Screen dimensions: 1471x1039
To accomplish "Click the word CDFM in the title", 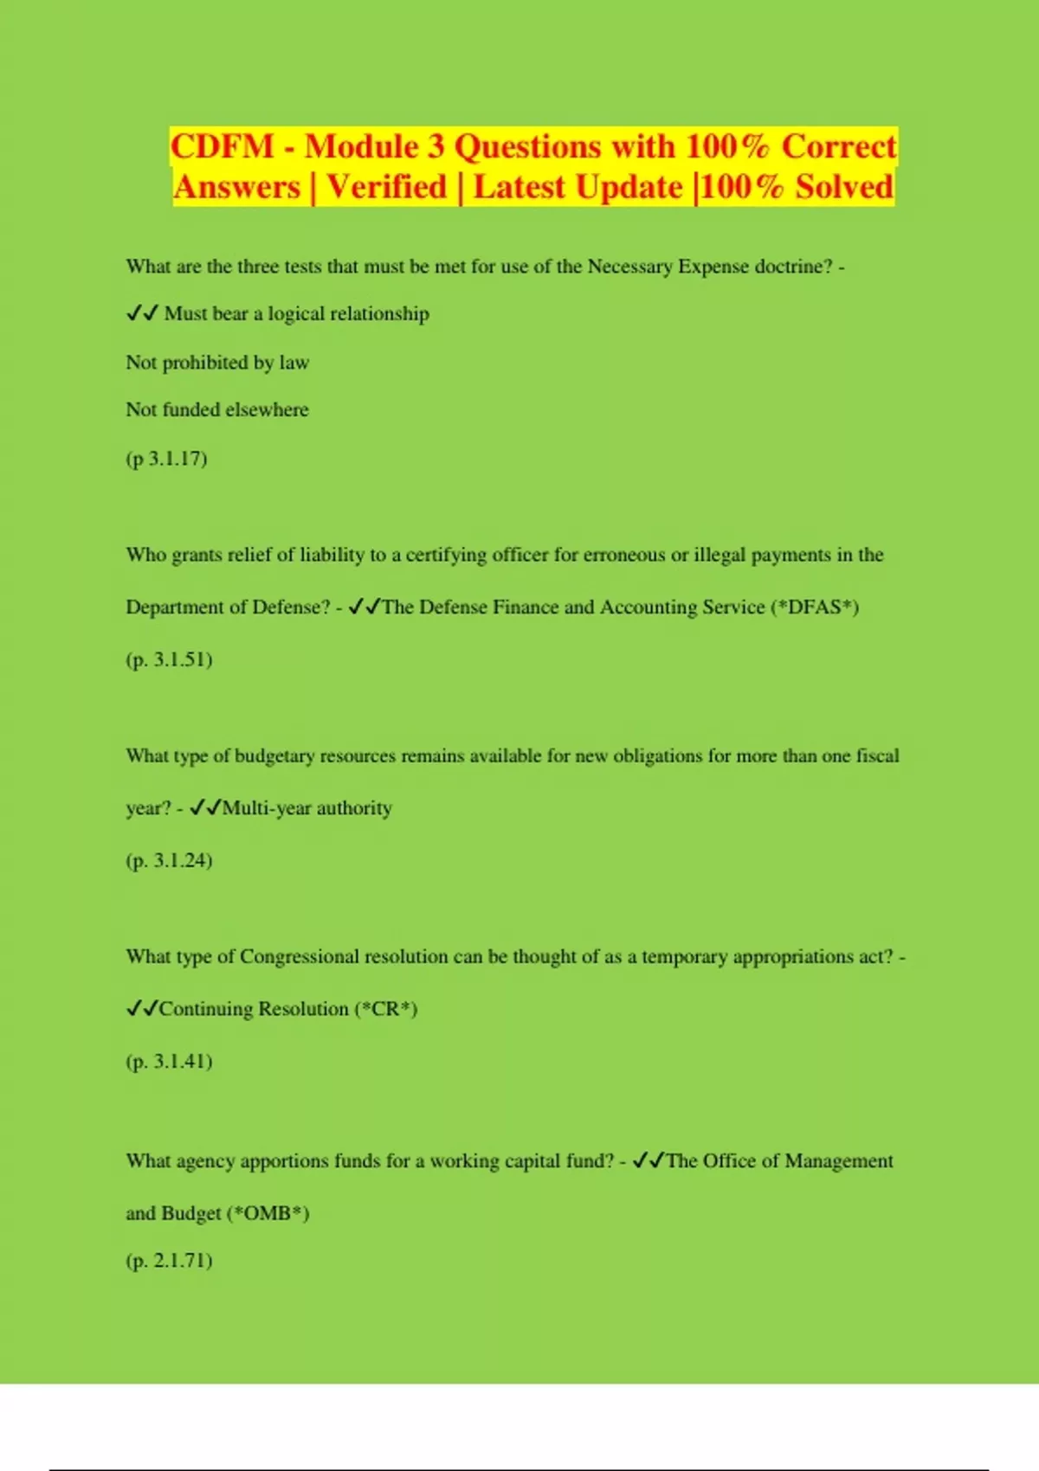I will pyautogui.click(x=222, y=146).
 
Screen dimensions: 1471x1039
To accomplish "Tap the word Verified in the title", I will pyautogui.click(x=386, y=187).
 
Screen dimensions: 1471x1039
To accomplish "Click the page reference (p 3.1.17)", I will pyautogui.click(x=166, y=458).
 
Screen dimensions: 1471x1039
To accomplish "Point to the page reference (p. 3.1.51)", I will pyautogui.click(x=169, y=659).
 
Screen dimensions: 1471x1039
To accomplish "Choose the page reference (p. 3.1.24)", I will pyautogui.click(x=169, y=860).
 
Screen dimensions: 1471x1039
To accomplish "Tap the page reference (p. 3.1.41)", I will pyautogui.click(x=169, y=1061).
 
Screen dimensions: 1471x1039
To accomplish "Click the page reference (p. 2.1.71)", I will pyautogui.click(x=169, y=1260).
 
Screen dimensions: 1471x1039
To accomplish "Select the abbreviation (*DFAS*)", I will pyautogui.click(x=814, y=607).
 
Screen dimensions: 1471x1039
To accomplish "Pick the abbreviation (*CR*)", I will pyautogui.click(x=386, y=1009).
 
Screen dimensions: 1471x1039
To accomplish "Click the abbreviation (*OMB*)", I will pyautogui.click(x=268, y=1213).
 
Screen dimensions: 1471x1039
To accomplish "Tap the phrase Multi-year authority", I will pyautogui.click(x=307, y=808).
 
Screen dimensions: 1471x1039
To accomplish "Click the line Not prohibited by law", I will pyautogui.click(x=217, y=363).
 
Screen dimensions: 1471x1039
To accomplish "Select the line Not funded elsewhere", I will pyautogui.click(x=217, y=409).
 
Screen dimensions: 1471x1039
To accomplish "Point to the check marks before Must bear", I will pyautogui.click(x=141, y=314).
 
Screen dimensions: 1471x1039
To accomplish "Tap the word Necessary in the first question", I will pyautogui.click(x=629, y=267).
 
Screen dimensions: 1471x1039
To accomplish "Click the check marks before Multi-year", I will pyautogui.click(x=204, y=808).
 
